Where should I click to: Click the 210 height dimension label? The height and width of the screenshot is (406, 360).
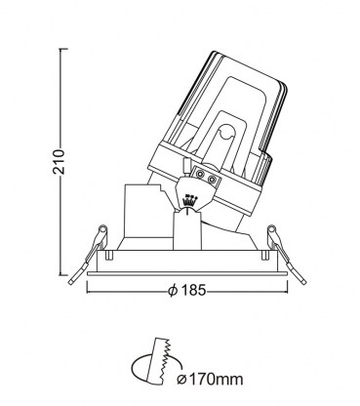60,162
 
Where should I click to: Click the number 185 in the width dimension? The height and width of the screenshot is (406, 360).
193,290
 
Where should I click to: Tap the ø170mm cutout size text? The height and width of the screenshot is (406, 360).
210,379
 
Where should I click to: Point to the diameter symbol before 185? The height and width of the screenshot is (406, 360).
173,290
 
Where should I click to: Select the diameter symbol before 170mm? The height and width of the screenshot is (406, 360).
181,379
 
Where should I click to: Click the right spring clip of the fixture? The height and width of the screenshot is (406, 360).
286,255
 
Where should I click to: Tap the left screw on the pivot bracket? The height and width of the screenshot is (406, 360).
199,174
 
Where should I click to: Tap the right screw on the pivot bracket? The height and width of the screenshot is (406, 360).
212,180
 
